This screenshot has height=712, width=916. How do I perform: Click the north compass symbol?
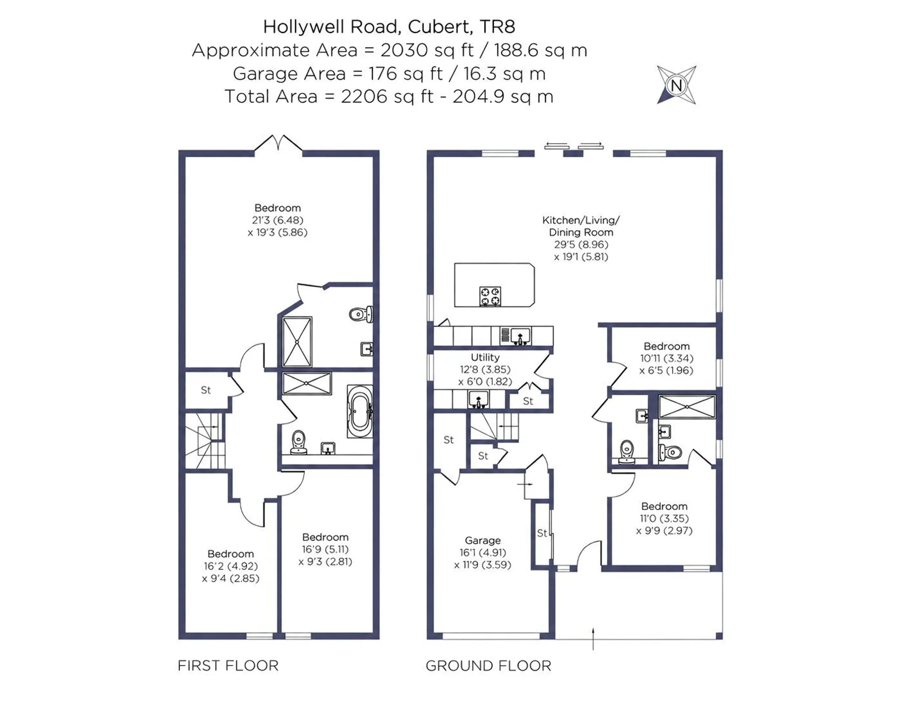coord(676,85)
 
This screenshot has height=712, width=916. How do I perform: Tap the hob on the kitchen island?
coord(490,296)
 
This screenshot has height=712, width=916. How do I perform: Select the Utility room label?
coord(485,357)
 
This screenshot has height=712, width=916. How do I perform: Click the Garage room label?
coord(483,541)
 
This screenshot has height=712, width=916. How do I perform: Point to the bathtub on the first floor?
coord(360,411)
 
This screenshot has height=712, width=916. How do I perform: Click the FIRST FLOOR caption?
coord(228,666)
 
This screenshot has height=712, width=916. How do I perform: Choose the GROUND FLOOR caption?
coord(488,666)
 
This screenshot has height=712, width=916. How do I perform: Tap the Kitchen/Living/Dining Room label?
coord(581,226)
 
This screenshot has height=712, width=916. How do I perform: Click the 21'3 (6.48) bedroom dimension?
coord(278,220)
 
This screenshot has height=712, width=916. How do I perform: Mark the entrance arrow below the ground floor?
coord(593,639)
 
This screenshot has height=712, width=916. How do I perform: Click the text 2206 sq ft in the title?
coord(387,97)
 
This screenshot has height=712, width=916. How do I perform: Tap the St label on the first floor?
coord(206,390)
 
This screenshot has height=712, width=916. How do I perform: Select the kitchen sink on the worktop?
coord(520,336)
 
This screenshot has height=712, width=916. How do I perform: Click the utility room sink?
coord(479,399)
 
